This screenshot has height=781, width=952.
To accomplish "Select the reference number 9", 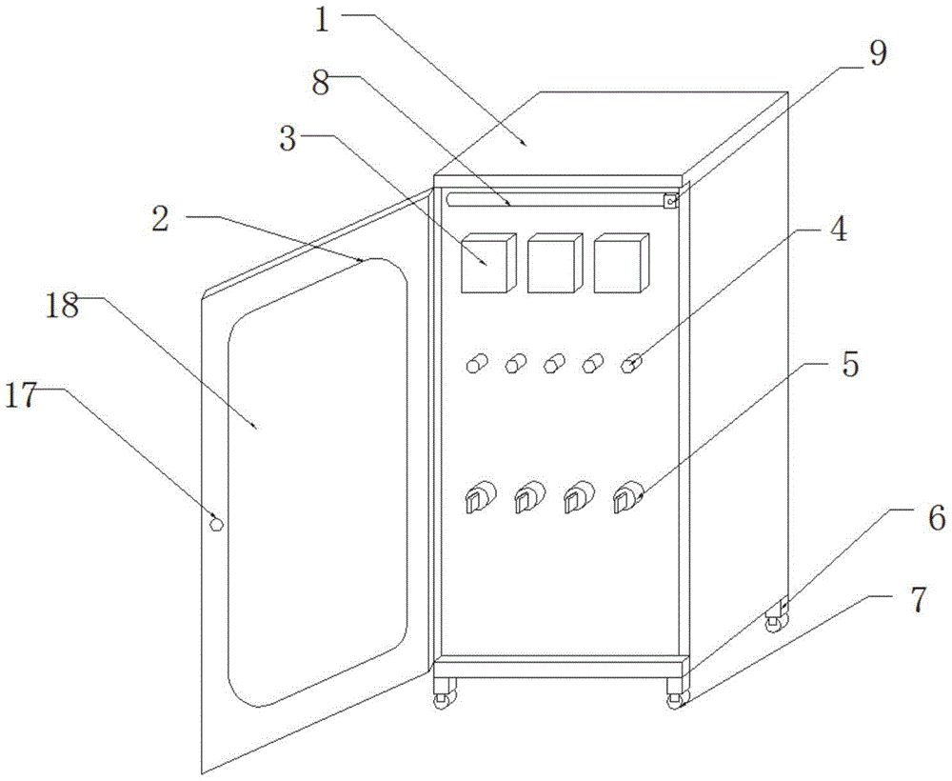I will (x=876, y=53).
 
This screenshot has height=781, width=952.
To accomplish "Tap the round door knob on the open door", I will (x=216, y=523).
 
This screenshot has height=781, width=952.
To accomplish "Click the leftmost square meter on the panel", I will (x=487, y=264).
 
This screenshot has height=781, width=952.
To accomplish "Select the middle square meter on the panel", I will (x=553, y=264).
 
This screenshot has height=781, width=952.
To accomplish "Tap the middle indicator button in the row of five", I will (x=554, y=363).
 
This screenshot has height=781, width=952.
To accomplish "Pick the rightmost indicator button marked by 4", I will (x=630, y=363).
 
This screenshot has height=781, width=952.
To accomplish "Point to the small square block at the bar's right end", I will (x=671, y=201).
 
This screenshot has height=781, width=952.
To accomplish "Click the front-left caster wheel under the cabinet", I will (x=442, y=701).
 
